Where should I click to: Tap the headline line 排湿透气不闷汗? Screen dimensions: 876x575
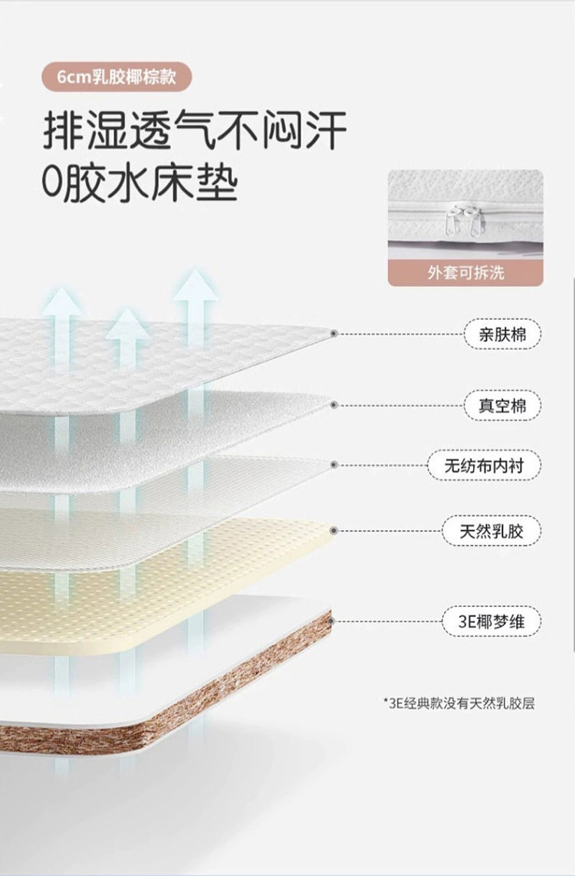(195, 131)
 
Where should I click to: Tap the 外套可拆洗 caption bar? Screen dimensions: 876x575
(465, 272)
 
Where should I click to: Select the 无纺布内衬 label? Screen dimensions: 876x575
(484, 465)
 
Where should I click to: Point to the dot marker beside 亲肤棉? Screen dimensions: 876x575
(334, 334)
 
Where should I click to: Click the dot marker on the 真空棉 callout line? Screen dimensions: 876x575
(334, 404)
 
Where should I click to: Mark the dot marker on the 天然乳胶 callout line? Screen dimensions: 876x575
(334, 530)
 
